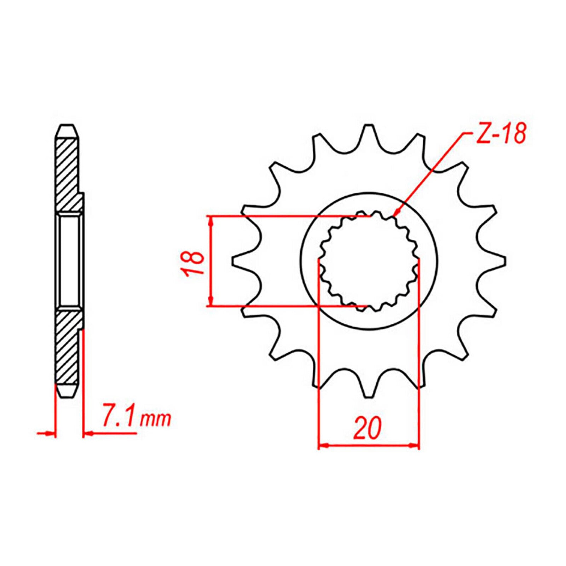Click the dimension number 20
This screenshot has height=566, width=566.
point(368,428)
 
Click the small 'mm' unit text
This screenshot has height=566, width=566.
point(156,420)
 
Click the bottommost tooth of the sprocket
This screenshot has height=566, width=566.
point(369,390)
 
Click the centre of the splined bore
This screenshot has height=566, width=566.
point(369,261)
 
